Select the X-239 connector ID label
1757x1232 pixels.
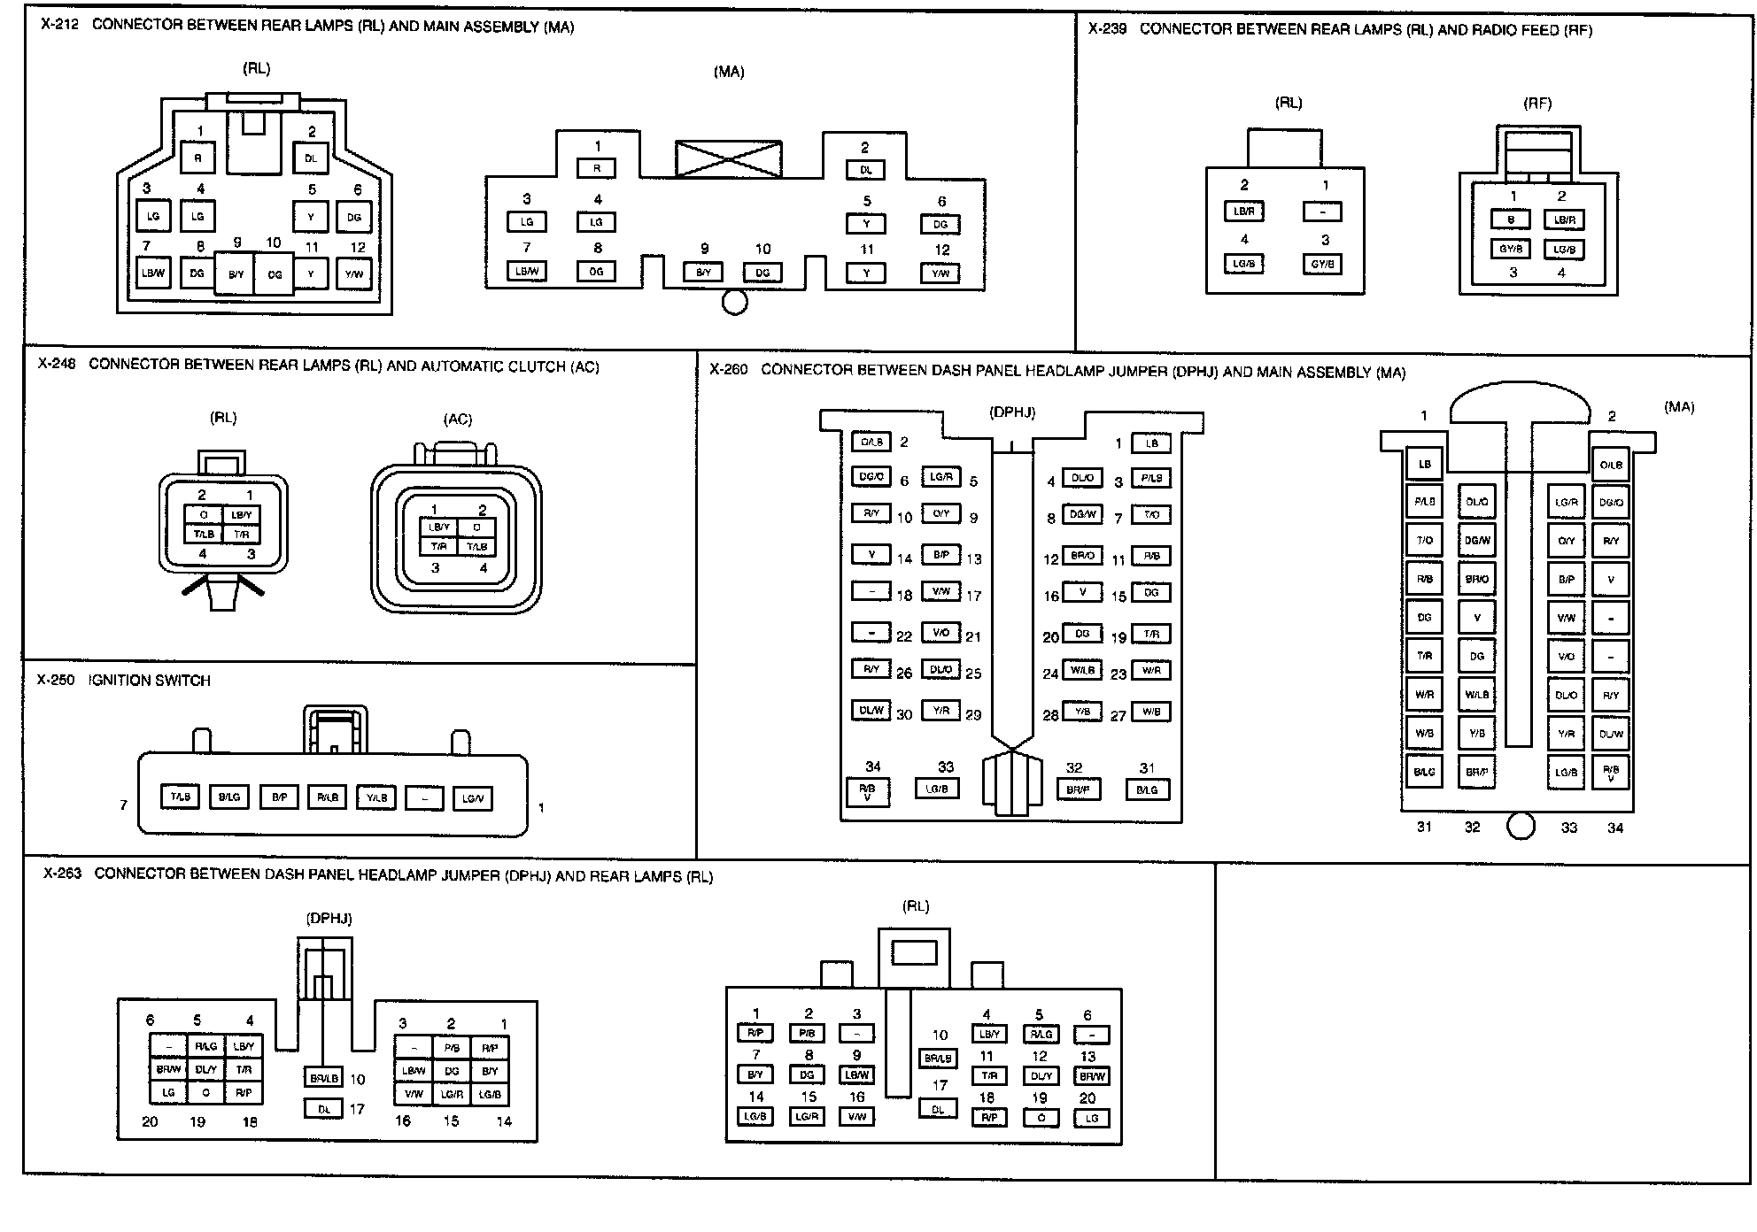click(x=1107, y=29)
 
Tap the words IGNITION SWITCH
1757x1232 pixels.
click(x=150, y=681)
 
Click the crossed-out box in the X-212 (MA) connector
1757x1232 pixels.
click(x=728, y=159)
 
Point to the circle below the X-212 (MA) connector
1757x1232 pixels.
click(x=734, y=303)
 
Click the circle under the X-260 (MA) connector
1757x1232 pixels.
click(x=1520, y=827)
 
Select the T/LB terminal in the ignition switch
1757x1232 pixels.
click(x=181, y=797)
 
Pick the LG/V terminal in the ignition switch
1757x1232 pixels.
click(x=472, y=798)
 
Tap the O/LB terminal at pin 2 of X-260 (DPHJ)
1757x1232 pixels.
click(x=871, y=442)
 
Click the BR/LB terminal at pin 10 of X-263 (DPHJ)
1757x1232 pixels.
click(x=323, y=1078)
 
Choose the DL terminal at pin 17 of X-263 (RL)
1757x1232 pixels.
click(x=938, y=1109)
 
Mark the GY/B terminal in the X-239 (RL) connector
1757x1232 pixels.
click(x=1322, y=264)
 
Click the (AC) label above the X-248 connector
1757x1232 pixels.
click(x=458, y=419)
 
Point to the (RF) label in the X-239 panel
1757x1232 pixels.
click(x=1537, y=104)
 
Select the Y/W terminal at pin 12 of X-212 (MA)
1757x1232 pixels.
click(x=940, y=273)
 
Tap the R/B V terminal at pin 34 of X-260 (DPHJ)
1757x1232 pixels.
click(x=868, y=790)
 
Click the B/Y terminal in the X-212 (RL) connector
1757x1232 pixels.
click(x=236, y=274)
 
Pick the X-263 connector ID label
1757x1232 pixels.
click(x=62, y=874)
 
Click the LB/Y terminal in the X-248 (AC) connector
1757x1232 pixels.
click(x=438, y=527)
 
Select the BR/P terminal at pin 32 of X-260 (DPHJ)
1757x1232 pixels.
click(x=1078, y=788)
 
